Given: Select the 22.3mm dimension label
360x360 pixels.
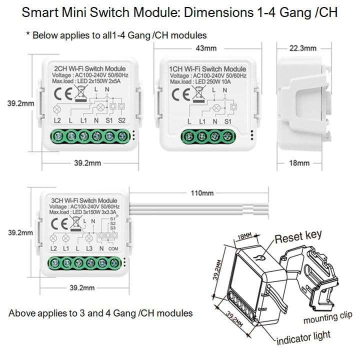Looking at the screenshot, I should [x=302, y=48].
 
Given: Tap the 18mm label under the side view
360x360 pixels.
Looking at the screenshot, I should [x=300, y=163].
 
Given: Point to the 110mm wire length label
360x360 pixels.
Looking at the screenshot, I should [x=202, y=193].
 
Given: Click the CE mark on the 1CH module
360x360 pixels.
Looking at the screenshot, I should [x=181, y=94].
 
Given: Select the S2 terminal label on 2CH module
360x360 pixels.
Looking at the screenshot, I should [x=121, y=121].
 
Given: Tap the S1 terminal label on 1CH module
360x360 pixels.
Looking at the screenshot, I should [x=227, y=121].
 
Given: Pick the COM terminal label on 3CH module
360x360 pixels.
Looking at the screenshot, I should [x=113, y=248].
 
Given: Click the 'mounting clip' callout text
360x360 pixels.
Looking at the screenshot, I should [x=328, y=317].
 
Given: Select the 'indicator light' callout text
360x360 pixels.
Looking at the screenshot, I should [x=304, y=338].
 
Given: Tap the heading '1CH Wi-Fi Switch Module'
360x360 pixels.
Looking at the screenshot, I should [x=207, y=69].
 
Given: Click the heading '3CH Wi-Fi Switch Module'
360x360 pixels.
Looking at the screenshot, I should [x=84, y=200].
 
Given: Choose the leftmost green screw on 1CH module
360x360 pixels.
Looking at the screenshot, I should [x=190, y=135].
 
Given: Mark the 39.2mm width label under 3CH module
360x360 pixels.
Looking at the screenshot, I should [x=81, y=288].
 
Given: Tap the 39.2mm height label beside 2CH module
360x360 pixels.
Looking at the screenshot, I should [x=20, y=104].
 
